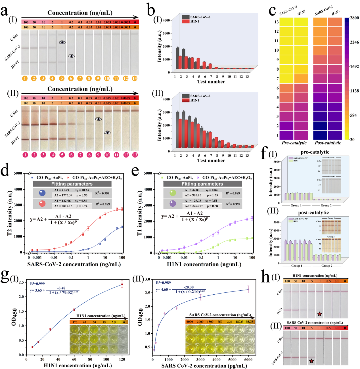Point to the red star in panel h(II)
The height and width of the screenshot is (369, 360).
click(x=311, y=361)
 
